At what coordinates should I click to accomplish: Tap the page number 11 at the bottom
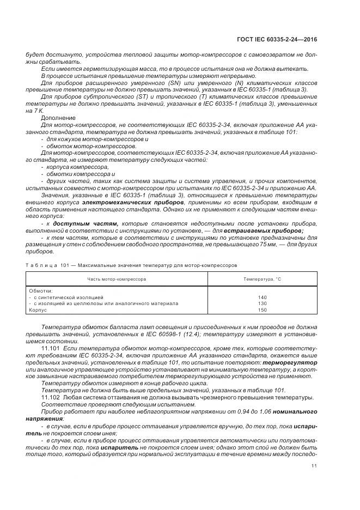[314, 466]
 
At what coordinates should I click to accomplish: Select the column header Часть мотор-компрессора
[117, 278]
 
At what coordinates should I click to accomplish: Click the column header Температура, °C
[262, 278]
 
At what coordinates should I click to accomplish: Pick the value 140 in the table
[263, 297]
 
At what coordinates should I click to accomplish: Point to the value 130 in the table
[263, 303]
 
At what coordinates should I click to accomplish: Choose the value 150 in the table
[263, 309]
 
